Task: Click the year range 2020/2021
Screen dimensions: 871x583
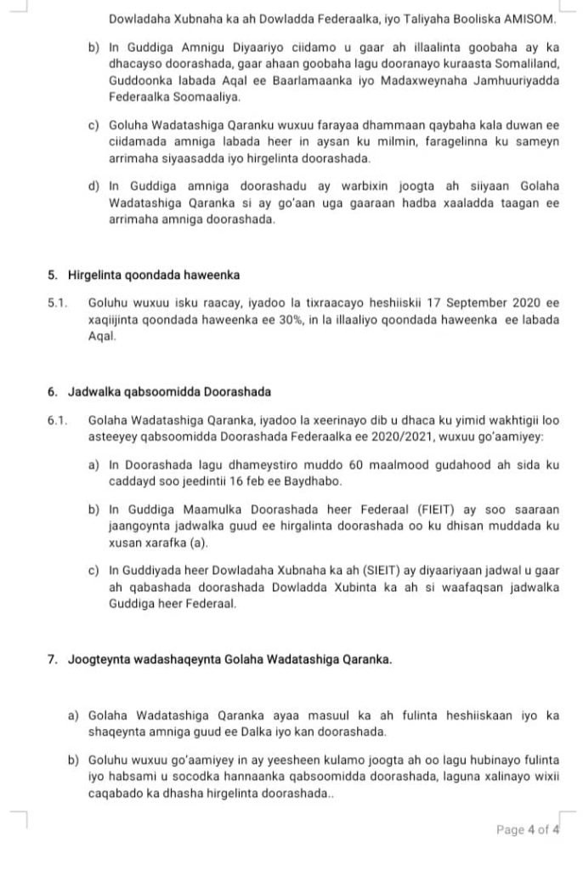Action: (x=403, y=436)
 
